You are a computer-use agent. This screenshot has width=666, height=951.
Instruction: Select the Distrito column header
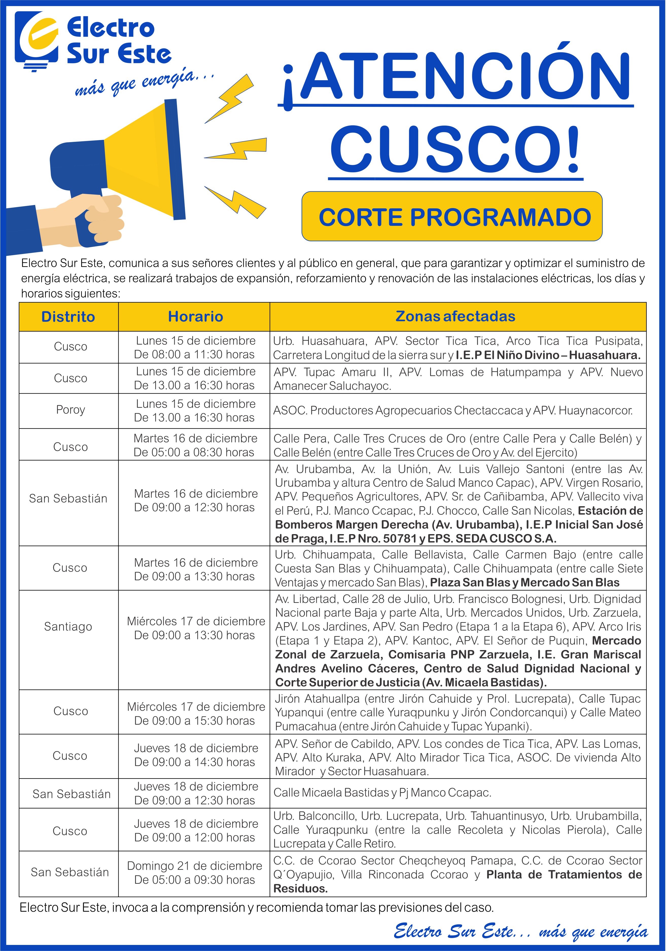pos(68,317)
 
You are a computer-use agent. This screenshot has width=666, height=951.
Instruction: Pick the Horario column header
pos(195,317)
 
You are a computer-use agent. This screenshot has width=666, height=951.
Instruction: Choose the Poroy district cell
pos(70,410)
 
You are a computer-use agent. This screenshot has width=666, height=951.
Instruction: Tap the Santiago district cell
pos(68,627)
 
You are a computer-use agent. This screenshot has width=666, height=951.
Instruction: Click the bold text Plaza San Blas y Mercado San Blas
pos(524,582)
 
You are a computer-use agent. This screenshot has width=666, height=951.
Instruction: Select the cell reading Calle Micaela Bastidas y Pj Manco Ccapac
pos(382,793)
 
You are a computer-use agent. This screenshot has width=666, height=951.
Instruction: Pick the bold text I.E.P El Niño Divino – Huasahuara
pos(548,355)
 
